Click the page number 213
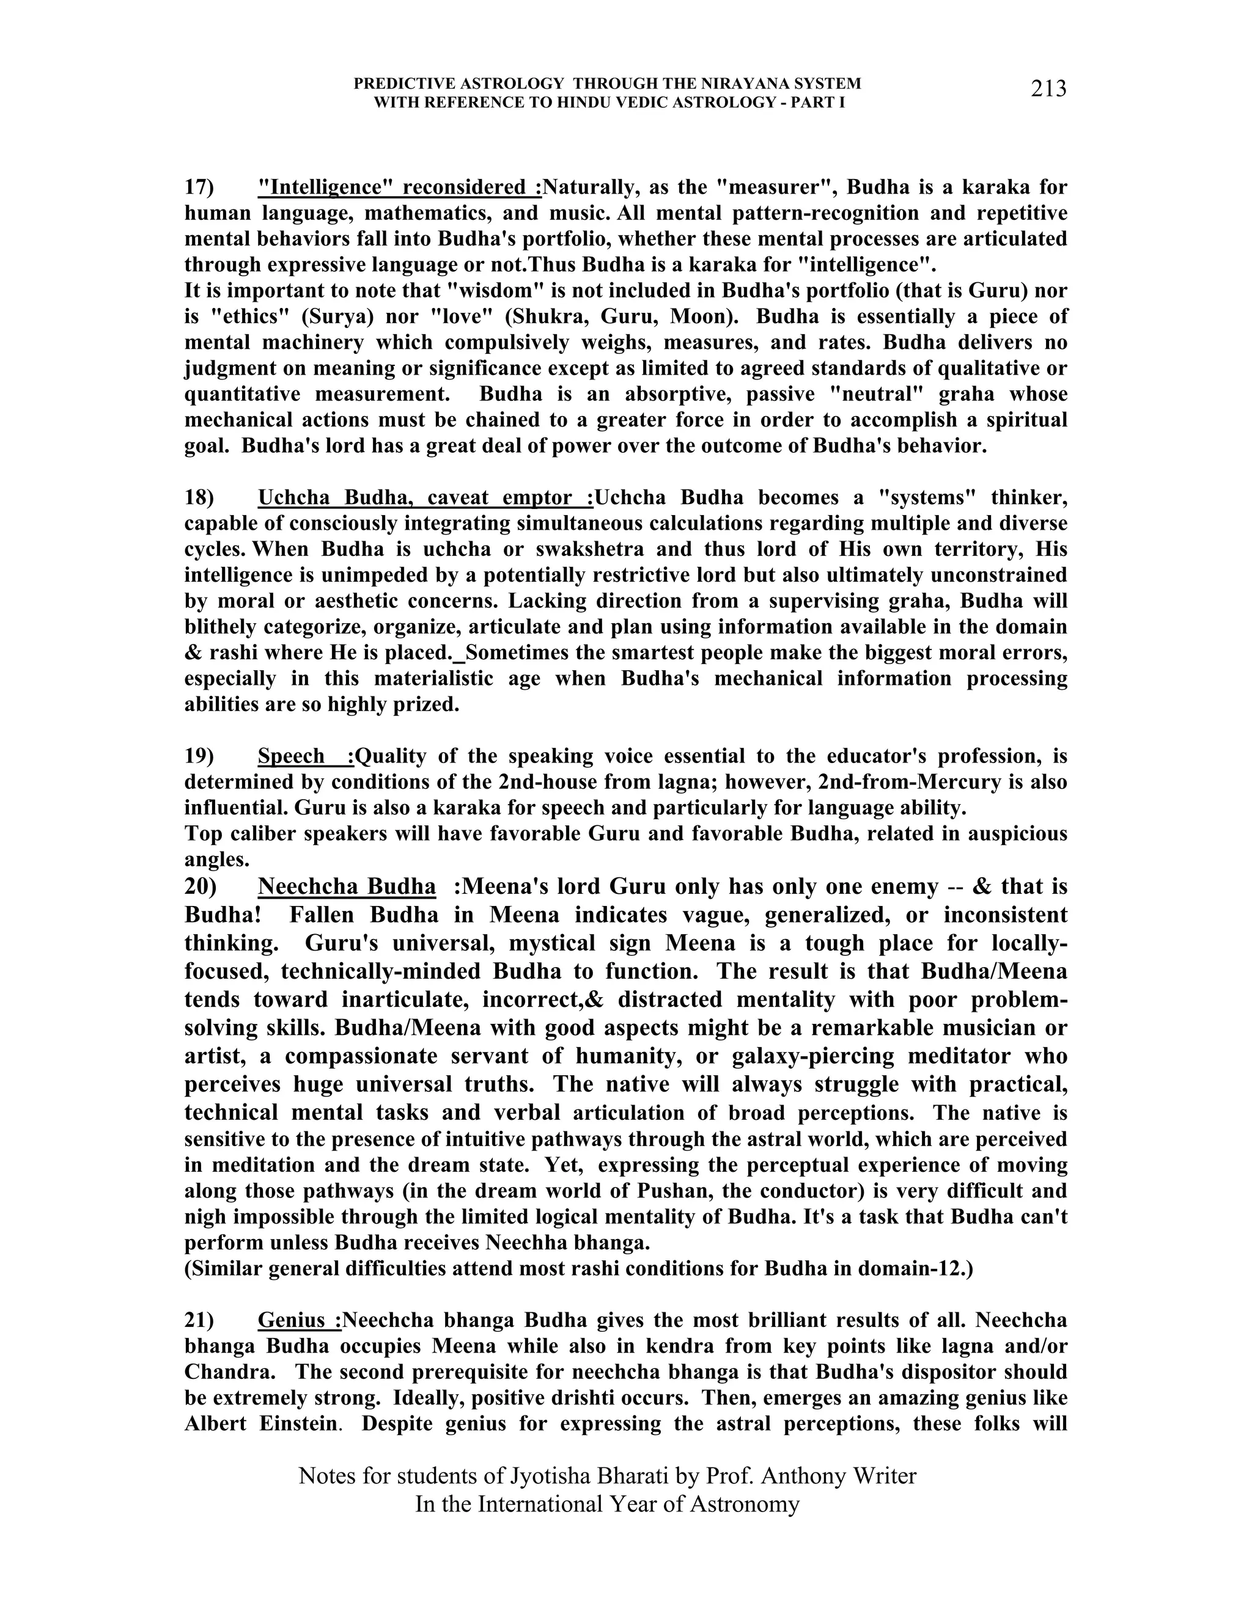[1048, 89]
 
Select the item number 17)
[199, 187]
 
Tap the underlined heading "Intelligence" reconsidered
[399, 187]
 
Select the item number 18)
[199, 497]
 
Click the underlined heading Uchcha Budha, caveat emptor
[424, 497]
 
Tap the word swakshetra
[542, 549]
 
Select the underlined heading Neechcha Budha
[347, 886]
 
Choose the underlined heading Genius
[298, 1320]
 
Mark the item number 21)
[199, 1320]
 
